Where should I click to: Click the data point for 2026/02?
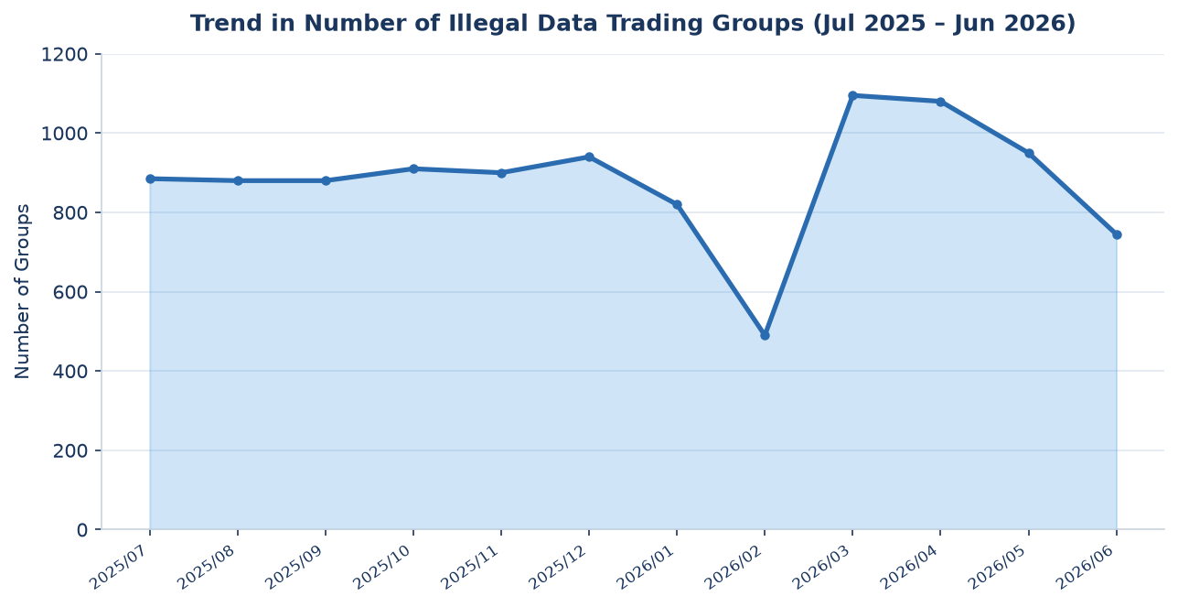(765, 335)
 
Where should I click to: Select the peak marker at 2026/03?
(852, 96)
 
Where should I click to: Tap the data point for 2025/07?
(150, 179)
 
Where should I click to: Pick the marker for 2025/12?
(589, 157)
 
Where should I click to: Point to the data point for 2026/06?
(1117, 234)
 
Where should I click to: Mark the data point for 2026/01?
(677, 205)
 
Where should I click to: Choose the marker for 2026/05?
(1029, 153)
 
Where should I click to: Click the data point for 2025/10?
(413, 169)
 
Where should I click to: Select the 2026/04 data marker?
(940, 102)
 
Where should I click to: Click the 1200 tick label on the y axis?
(64, 55)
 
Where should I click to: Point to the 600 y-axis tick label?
(70, 292)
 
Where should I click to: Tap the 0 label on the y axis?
(82, 530)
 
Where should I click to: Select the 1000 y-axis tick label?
(64, 135)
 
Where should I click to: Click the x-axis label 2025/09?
(296, 568)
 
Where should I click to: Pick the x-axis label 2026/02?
(735, 568)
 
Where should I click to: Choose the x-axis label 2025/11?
(472, 568)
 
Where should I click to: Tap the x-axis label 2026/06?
(1087, 568)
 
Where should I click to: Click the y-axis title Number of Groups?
(23, 292)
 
